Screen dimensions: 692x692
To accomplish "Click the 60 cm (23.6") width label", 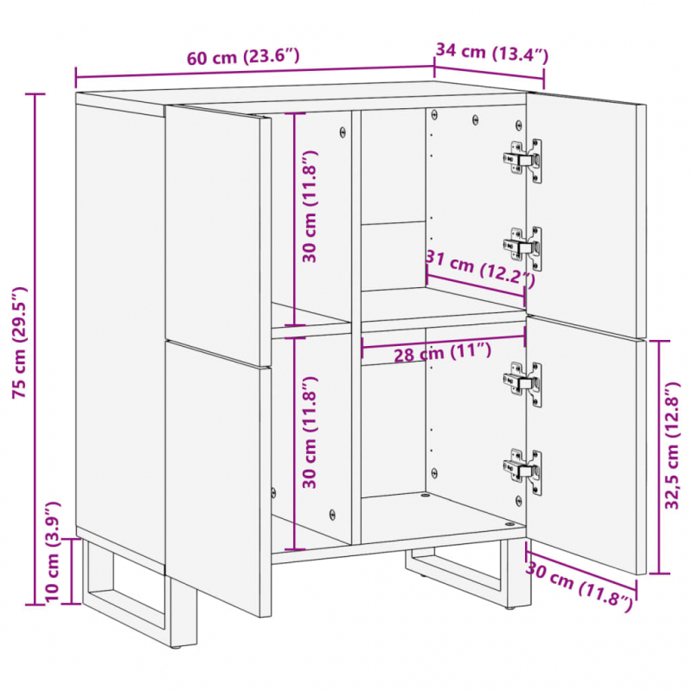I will (x=243, y=58).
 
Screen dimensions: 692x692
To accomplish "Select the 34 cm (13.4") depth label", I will (x=491, y=52).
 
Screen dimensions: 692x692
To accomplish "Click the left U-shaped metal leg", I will (x=125, y=597).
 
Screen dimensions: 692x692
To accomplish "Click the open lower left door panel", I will (x=218, y=476).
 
